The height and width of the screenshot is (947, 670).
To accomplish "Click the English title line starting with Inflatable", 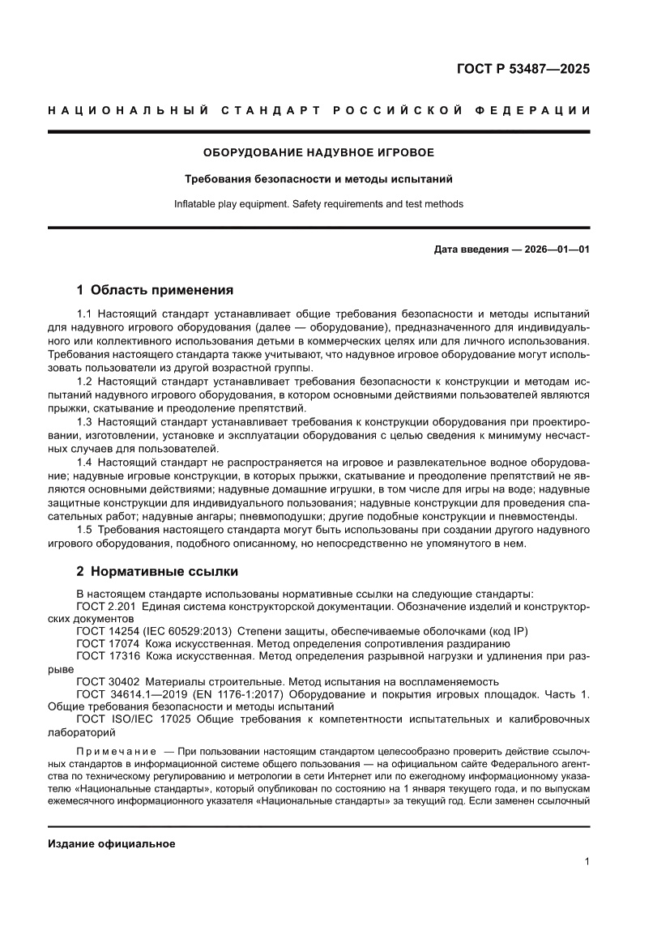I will click(318, 204).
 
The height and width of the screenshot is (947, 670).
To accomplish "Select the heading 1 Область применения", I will click(155, 290).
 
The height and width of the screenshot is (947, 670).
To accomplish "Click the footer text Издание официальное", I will click(112, 843).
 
